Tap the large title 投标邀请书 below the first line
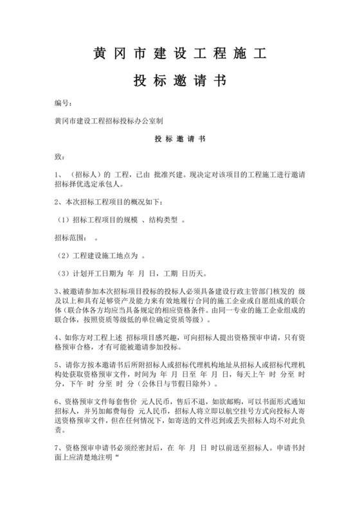tap(179, 82)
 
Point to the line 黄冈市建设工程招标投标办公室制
tap(110, 120)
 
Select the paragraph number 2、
tap(60, 202)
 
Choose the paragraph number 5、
tap(59, 366)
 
